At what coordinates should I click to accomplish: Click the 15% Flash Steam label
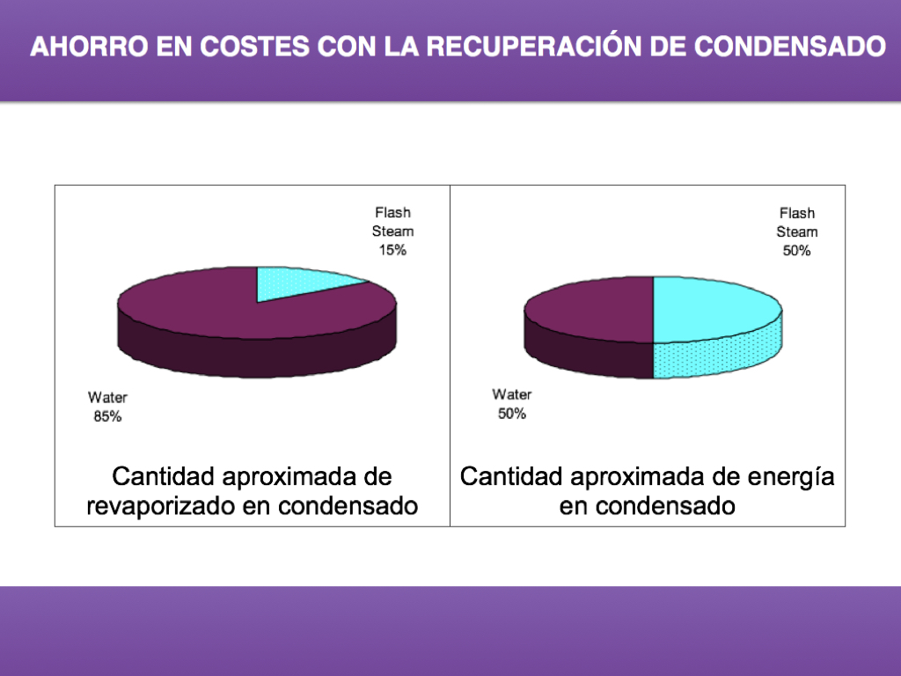click(392, 231)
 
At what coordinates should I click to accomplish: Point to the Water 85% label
click(107, 407)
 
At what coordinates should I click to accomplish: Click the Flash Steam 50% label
click(796, 231)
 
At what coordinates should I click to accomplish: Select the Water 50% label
click(511, 404)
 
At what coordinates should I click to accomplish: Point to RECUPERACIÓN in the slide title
click(527, 47)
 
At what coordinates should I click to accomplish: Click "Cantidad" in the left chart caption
click(164, 477)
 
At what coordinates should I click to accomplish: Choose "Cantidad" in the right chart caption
click(511, 477)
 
